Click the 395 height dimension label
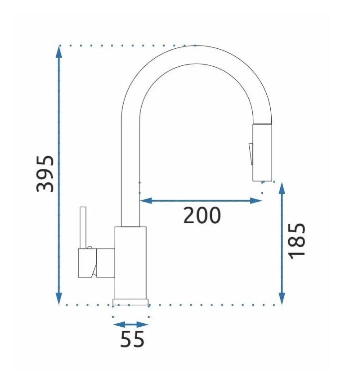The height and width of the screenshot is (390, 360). click(45, 174)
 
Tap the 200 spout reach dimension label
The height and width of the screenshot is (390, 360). click(202, 215)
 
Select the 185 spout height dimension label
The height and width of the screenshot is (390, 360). click(297, 241)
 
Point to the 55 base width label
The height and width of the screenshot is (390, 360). click(132, 339)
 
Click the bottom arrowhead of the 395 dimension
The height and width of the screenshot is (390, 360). click(59, 297)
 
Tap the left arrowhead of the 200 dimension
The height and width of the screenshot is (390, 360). click(146, 200)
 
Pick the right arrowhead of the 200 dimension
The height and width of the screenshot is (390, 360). click(255, 200)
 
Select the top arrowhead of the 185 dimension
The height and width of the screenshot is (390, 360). click(282, 188)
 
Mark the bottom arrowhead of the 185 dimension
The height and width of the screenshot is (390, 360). click(282, 298)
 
